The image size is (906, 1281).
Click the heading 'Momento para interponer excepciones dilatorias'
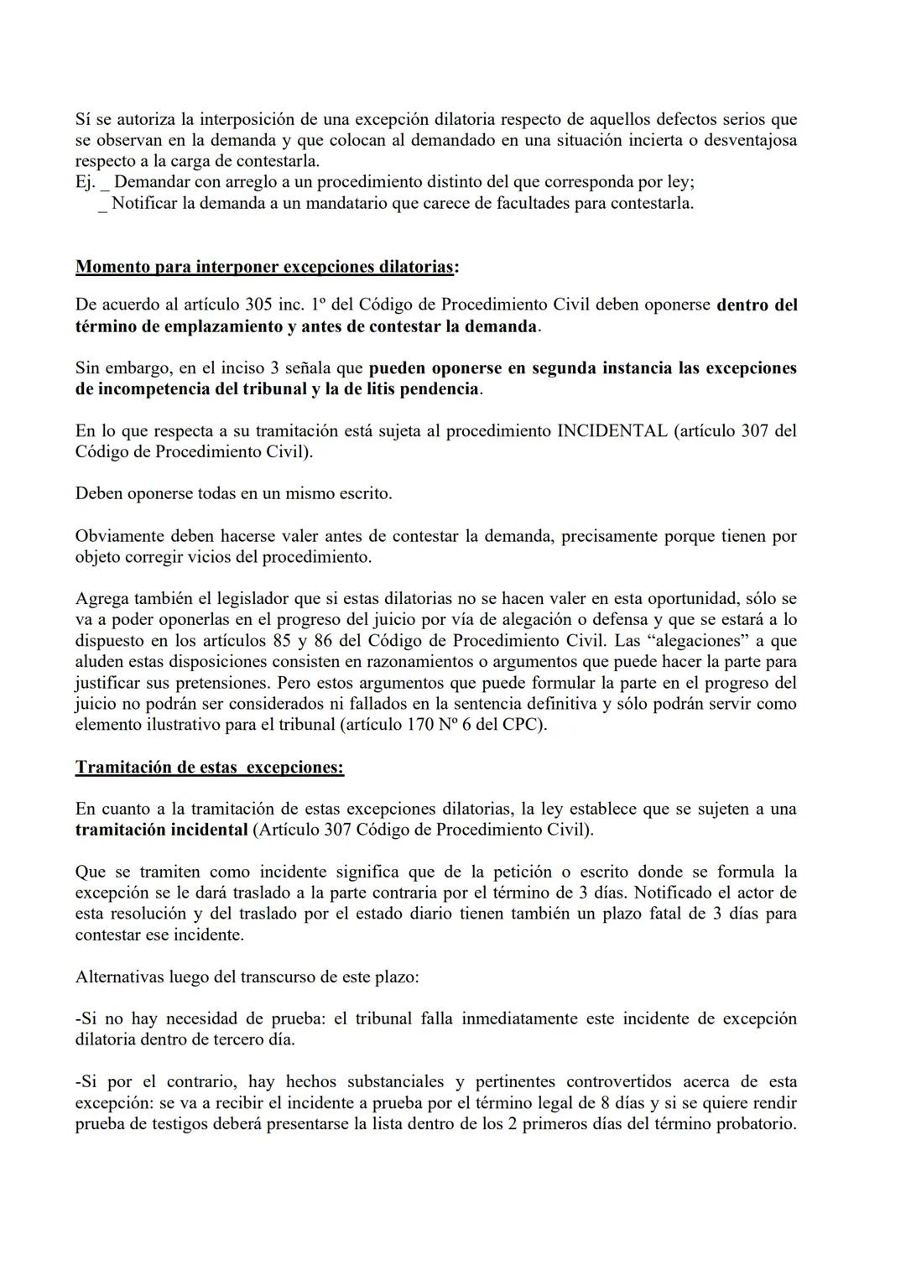267,267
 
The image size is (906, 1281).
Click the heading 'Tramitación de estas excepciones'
209,767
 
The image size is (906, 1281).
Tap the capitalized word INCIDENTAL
612,430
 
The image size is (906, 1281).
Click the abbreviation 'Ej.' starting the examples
85,182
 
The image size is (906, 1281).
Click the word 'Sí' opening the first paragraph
82,119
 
